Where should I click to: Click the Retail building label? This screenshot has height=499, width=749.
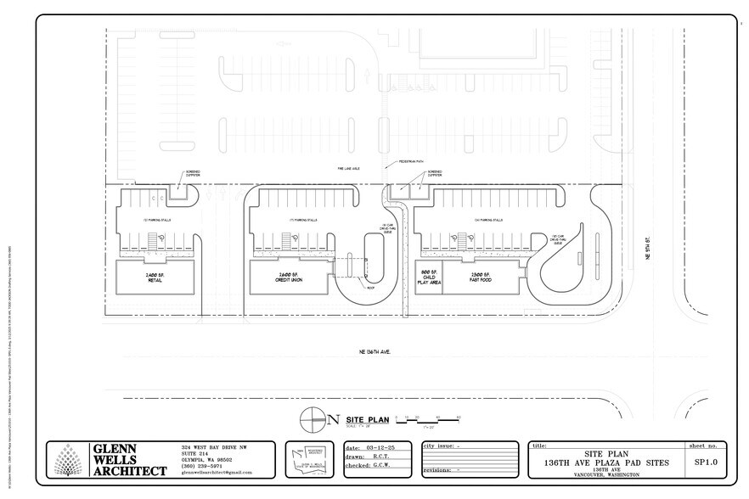click(x=155, y=278)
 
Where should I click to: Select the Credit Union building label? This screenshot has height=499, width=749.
click(x=291, y=278)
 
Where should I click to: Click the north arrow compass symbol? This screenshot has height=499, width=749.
click(x=313, y=418)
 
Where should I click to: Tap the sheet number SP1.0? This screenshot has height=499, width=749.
click(x=707, y=463)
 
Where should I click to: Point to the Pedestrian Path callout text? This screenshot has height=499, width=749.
click(x=401, y=162)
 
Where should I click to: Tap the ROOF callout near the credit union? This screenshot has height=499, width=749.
click(x=370, y=288)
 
